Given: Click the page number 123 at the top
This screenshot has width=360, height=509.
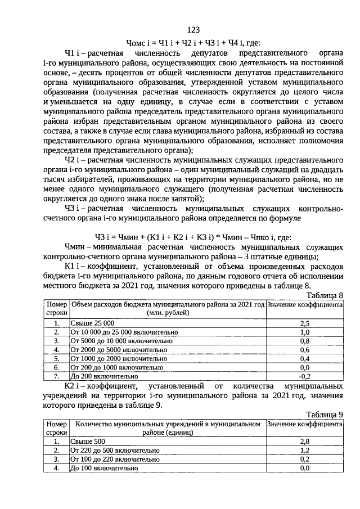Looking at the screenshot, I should click(193, 30).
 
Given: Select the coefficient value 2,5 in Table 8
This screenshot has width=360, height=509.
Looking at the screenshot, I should click(305, 323).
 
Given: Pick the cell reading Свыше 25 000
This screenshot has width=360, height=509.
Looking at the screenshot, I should click(92, 323).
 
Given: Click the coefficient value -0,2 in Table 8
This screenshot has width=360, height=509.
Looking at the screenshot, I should click(305, 376).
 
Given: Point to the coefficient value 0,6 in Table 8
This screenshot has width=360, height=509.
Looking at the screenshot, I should click(305, 350).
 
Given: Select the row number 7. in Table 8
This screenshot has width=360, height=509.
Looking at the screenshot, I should click(56, 376).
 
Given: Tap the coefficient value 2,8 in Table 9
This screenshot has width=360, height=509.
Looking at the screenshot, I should click(305, 442).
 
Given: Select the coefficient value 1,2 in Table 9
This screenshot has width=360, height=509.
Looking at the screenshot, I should click(305, 451).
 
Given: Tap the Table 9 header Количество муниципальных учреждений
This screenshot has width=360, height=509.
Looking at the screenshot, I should click(167, 428).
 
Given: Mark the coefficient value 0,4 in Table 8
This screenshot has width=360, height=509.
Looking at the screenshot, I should click(305, 358).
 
